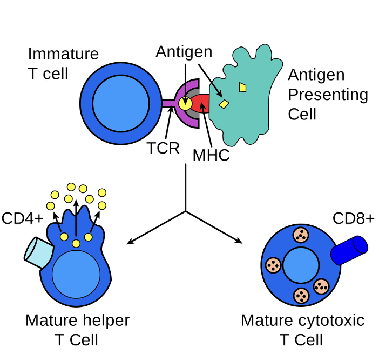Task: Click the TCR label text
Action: point(163,148)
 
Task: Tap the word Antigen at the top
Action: point(184,52)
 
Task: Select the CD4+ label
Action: point(22,218)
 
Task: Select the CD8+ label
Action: point(353,218)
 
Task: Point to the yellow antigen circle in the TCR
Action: point(185,103)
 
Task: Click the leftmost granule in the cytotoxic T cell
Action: point(274,265)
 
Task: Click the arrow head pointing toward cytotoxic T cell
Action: point(241,241)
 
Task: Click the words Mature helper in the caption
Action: point(77,321)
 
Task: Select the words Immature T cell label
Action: point(63,63)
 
